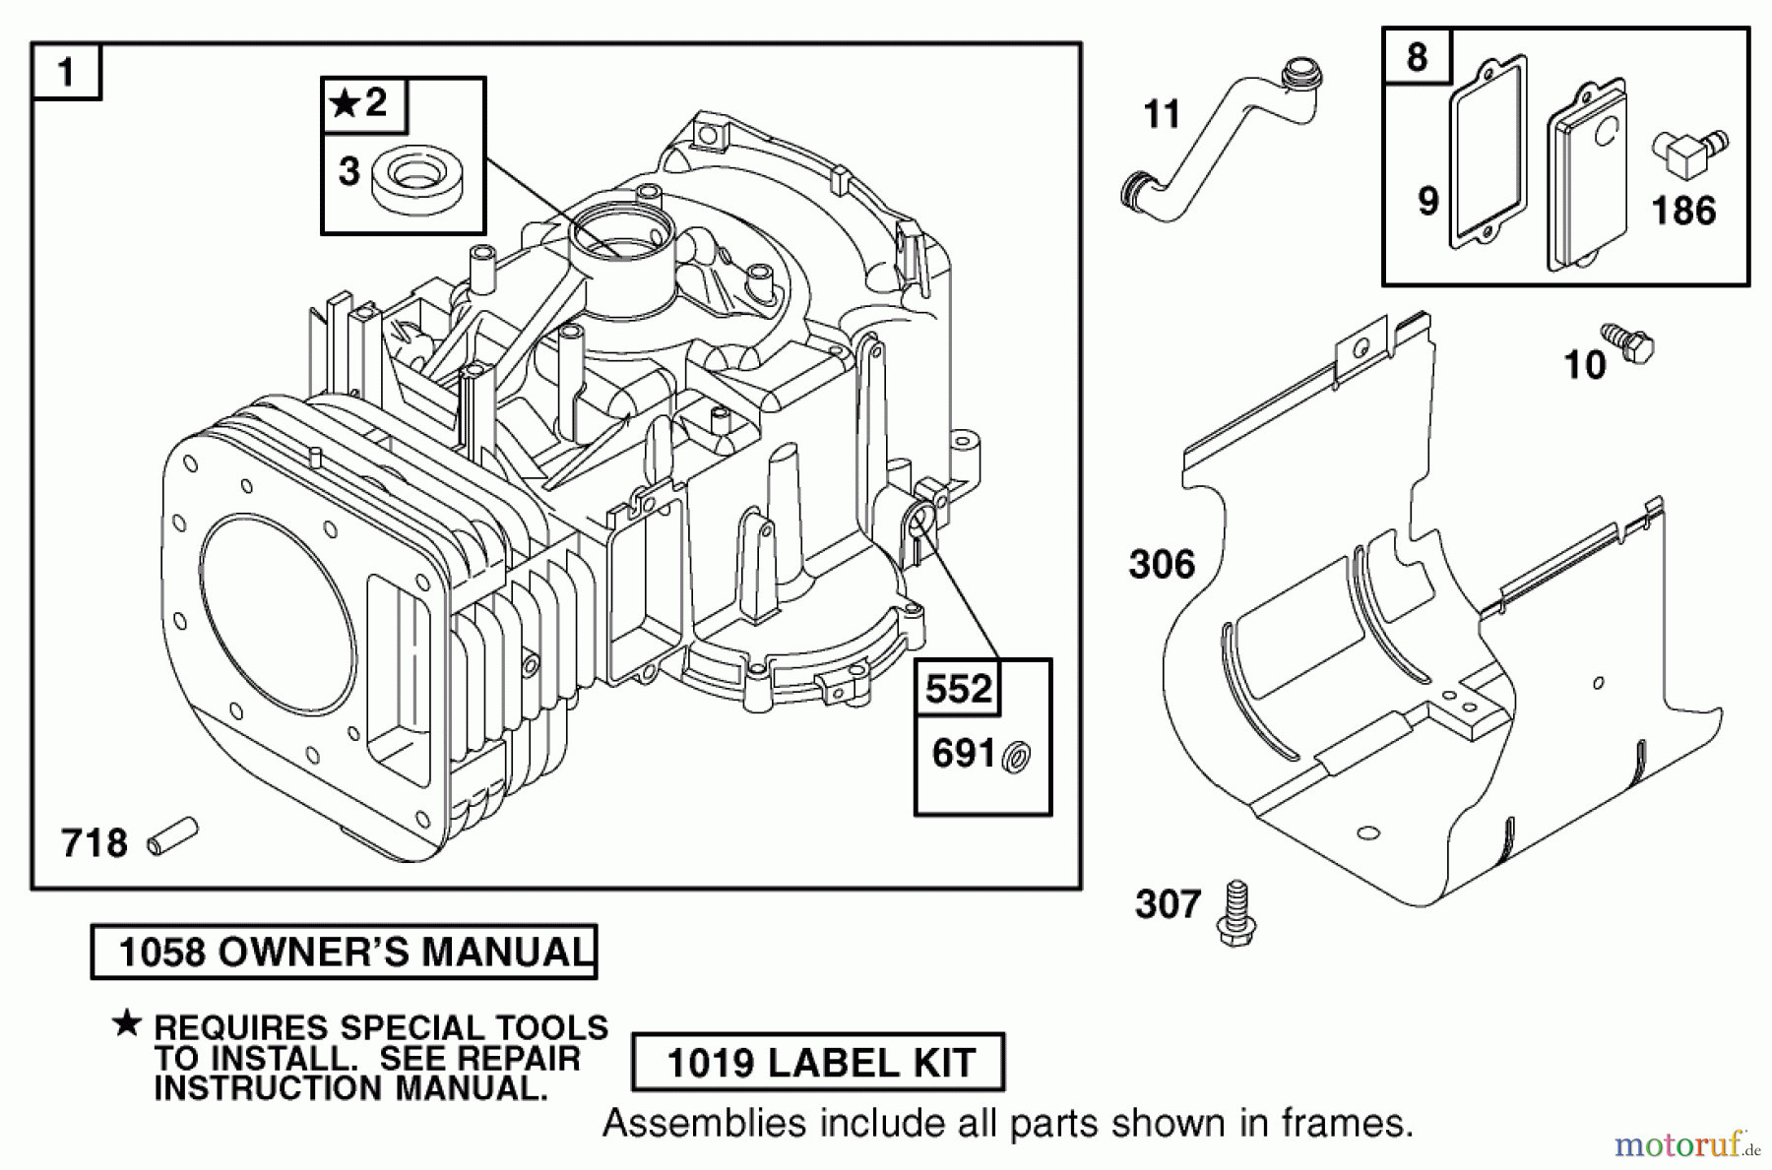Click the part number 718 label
point(95,843)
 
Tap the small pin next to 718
point(172,836)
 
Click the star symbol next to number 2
point(344,102)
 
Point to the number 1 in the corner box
point(66,72)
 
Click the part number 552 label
point(959,689)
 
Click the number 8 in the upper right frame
point(1417,57)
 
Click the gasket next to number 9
point(1487,154)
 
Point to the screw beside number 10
point(1628,342)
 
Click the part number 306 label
point(1162,565)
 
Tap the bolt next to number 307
point(1236,914)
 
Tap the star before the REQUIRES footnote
point(127,1023)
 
